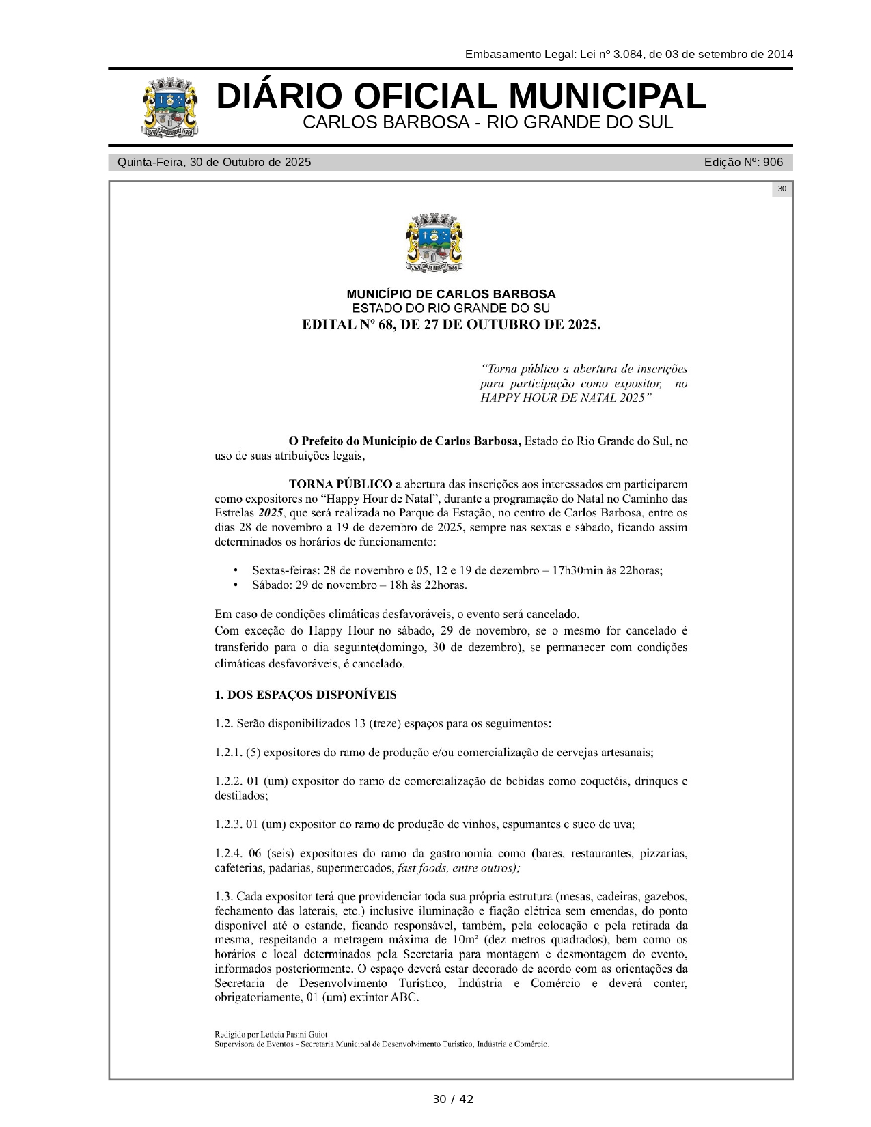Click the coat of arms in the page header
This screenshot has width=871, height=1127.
pos(171,107)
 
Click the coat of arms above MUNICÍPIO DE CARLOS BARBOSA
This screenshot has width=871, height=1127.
pos(435,243)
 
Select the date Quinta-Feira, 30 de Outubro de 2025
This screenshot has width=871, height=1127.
pos(214,163)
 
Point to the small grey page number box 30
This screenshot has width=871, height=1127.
pos(782,189)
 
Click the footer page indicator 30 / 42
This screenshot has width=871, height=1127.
pos(452,1099)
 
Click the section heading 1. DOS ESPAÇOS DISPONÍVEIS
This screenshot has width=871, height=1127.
pos(305,695)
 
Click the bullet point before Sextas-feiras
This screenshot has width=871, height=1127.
pos(236,570)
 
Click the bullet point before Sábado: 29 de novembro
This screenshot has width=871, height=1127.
pos(236,585)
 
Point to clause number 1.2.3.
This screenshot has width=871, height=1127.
pos(228,824)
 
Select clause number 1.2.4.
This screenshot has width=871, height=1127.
pos(228,854)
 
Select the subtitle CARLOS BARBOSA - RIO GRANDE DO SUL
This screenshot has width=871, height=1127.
pos(488,123)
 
